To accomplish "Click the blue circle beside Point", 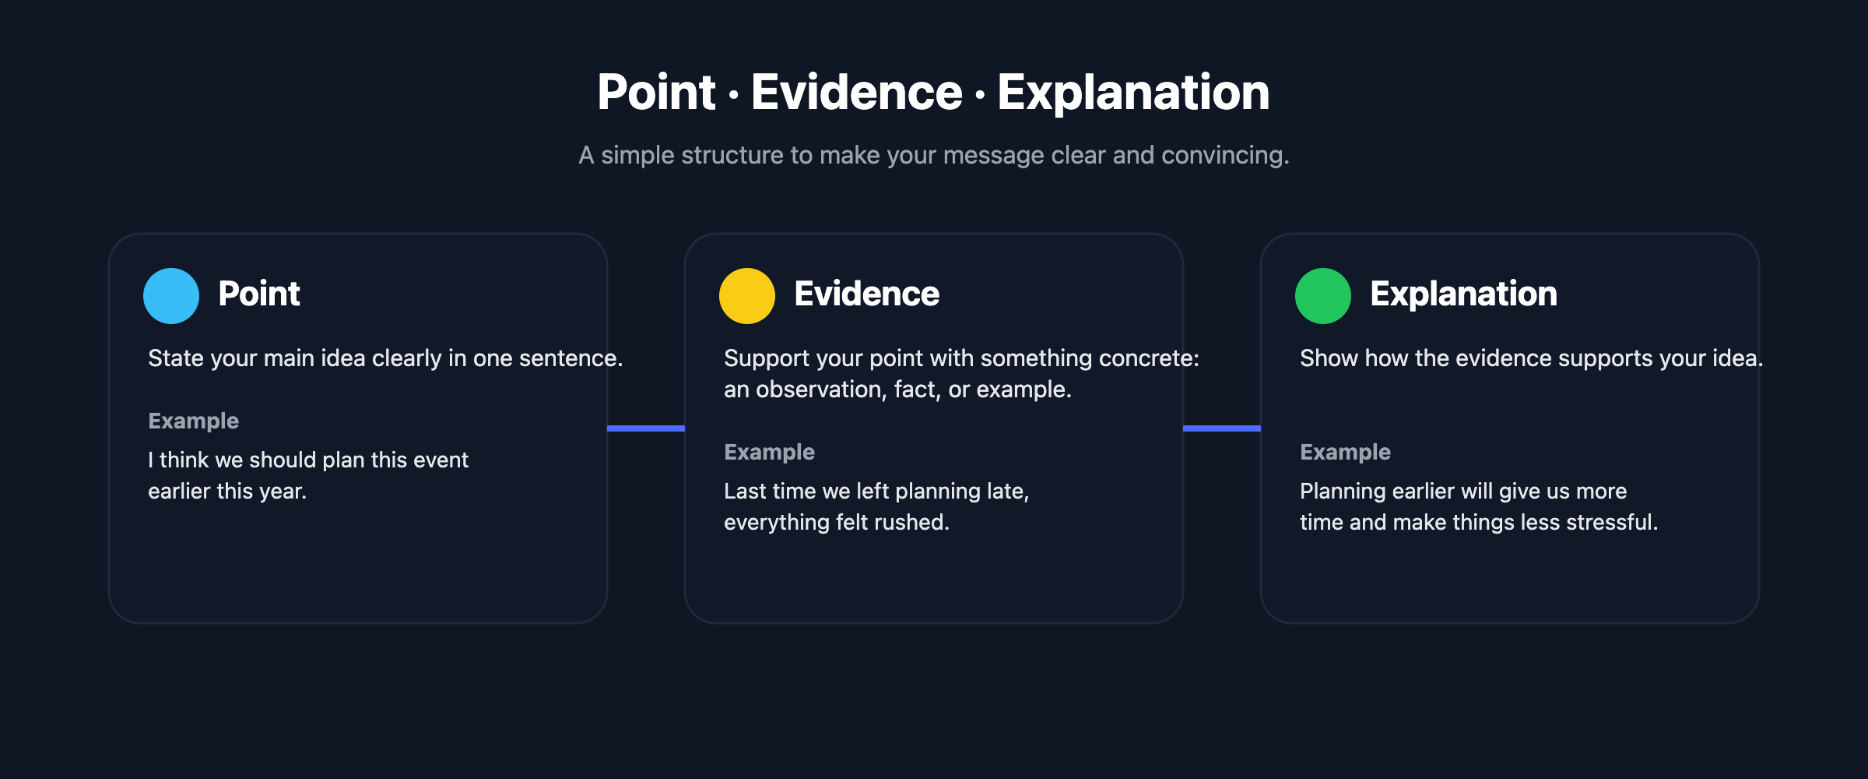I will pyautogui.click(x=171, y=296).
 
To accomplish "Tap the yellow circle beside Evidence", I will pyautogui.click(x=747, y=296).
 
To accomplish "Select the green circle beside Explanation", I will pyautogui.click(x=1323, y=296).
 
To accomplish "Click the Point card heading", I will pyautogui.click(x=259, y=294).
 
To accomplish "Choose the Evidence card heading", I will pyautogui.click(x=866, y=294).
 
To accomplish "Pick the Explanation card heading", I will pyautogui.click(x=1463, y=294).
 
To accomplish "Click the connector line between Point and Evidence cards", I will pyautogui.click(x=646, y=428).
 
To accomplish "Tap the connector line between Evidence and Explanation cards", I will pyautogui.click(x=1222, y=428).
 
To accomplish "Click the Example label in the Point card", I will pyautogui.click(x=193, y=421).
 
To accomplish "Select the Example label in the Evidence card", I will pyautogui.click(x=769, y=452).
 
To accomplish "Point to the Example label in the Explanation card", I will pyautogui.click(x=1345, y=452).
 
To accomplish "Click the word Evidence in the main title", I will pyautogui.click(x=856, y=92).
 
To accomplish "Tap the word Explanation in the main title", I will pyautogui.click(x=1133, y=92).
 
